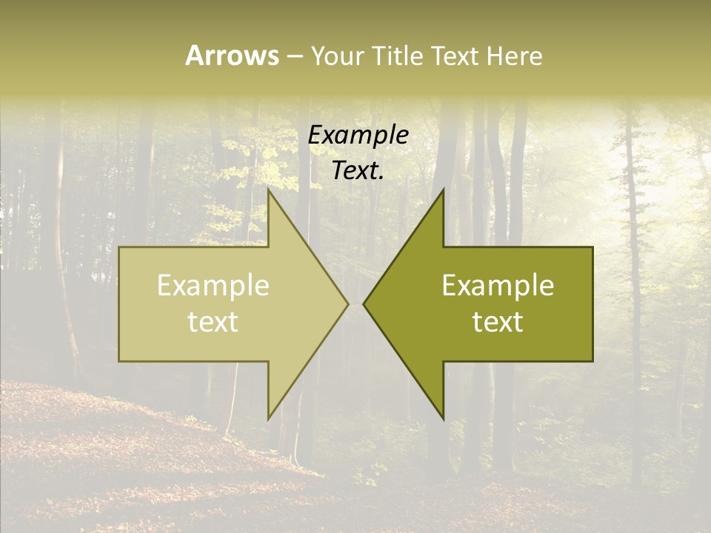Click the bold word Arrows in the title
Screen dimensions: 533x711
[x=232, y=56]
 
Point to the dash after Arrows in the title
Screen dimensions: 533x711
[x=294, y=57]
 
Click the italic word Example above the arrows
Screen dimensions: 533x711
[x=358, y=135]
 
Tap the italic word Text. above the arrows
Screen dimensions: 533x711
[x=358, y=171]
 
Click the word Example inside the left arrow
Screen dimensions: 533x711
[x=213, y=286]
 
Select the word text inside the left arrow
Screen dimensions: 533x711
[x=213, y=322]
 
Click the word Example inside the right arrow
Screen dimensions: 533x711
[x=498, y=286]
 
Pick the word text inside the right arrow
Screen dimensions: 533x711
[x=498, y=322]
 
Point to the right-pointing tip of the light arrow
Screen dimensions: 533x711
[x=348, y=304]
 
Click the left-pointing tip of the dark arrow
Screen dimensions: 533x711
[x=364, y=304]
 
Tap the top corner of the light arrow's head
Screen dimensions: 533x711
[x=268, y=189]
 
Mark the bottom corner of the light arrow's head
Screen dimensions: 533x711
[x=268, y=419]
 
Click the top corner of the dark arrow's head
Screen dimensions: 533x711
[x=444, y=189]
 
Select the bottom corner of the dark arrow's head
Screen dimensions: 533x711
[x=444, y=419]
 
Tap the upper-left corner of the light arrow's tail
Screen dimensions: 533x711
[x=119, y=247]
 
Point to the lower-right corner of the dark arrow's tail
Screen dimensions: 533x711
[x=592, y=361]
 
